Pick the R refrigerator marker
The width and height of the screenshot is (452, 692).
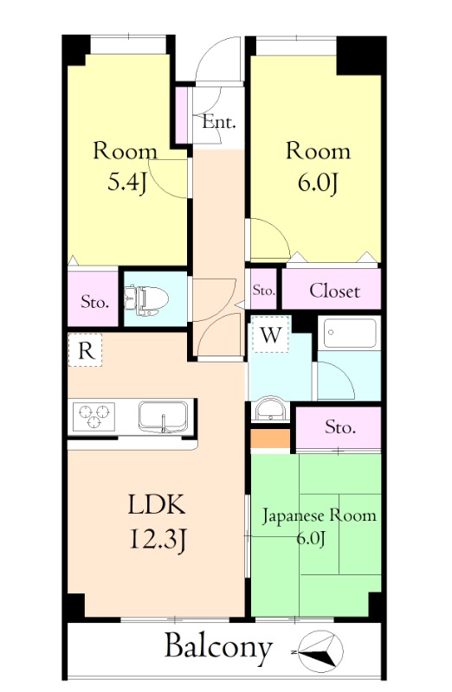tap(85, 350)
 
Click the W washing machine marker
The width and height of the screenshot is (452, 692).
tap(271, 336)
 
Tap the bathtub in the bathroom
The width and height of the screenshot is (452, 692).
tap(348, 332)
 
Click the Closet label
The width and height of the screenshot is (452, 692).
tap(334, 291)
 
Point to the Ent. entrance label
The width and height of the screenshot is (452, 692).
tap(219, 122)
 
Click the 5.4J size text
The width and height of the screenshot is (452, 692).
tap(125, 183)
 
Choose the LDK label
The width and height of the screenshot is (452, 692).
tap(158, 505)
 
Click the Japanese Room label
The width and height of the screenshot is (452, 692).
tap(320, 516)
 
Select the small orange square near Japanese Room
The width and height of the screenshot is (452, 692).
tap(272, 439)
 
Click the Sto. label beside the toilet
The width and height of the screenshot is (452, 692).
tap(94, 303)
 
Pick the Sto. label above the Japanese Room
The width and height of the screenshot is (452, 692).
tap(340, 426)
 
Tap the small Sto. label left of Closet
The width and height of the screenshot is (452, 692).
tap(263, 291)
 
